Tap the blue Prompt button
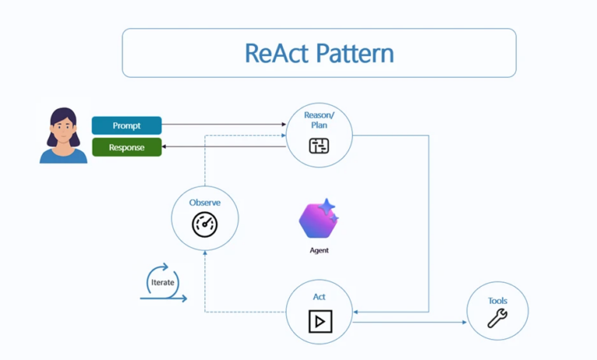coord(127,125)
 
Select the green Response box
coord(127,147)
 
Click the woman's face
coord(63,128)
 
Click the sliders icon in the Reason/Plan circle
coord(319,145)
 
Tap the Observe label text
coord(204,203)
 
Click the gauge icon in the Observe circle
coord(204,225)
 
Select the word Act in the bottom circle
coord(319,297)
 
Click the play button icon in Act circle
coord(319,320)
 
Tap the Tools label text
coord(497,300)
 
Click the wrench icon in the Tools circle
coord(497,319)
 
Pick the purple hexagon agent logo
coord(316,221)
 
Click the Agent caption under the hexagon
coord(319,250)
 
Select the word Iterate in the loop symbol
coord(162,282)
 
